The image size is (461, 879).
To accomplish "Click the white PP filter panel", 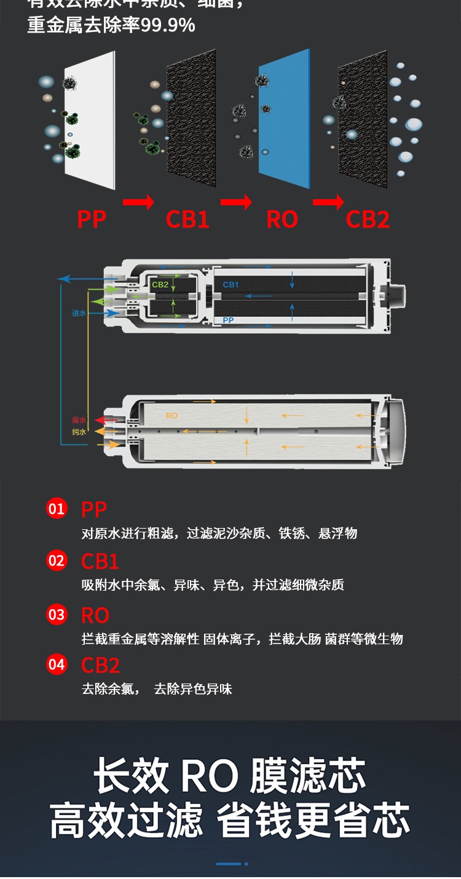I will point(89,120).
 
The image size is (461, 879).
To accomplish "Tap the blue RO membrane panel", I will point(284,117).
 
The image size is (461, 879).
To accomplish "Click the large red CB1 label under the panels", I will point(187,219).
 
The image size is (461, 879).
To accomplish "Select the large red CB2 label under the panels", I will point(368,219).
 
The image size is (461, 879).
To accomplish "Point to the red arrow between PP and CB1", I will point(138,202).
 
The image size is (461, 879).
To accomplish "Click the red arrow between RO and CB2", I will point(328,202).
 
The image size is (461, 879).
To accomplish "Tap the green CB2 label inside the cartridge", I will point(160,285).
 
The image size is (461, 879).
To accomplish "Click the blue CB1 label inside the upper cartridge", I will point(230,285).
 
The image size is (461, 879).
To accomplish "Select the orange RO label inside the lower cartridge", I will point(171,416).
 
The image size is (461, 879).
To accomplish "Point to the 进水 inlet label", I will point(79,313).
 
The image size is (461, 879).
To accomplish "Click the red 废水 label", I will point(79,420).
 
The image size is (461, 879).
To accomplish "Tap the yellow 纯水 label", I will point(79,432).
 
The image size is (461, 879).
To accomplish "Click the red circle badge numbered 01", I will point(57,508).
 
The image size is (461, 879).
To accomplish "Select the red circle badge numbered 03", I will point(57,615).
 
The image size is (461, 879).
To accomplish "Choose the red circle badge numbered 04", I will point(57,664).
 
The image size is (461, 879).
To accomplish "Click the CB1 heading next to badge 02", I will point(100,562).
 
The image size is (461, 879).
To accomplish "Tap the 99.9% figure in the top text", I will point(168,25).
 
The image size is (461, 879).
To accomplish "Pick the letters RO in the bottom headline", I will point(209,776).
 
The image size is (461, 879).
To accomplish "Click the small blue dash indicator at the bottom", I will point(229,864).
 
